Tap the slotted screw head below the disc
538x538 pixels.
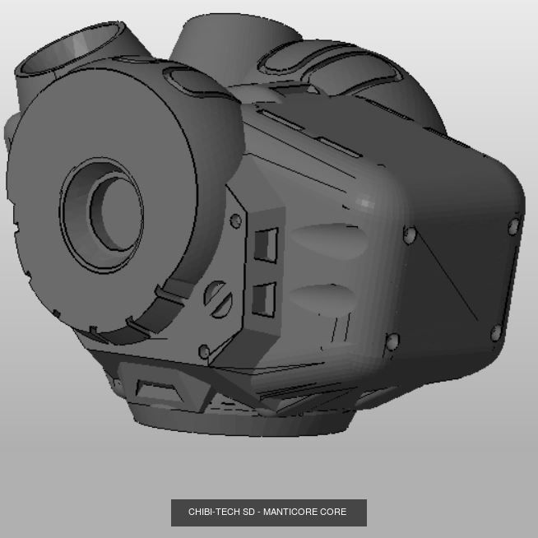tap(218, 295)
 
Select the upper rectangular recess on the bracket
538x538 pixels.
tap(266, 244)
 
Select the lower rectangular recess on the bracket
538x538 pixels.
tap(264, 299)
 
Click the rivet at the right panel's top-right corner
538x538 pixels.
tap(514, 226)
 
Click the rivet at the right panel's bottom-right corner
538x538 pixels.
tap(496, 333)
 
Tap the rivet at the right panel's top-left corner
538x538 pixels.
tap(409, 235)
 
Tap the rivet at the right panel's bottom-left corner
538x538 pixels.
tap(392, 340)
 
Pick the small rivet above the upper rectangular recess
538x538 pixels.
tap(236, 220)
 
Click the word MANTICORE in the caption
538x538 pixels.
tap(292, 512)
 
